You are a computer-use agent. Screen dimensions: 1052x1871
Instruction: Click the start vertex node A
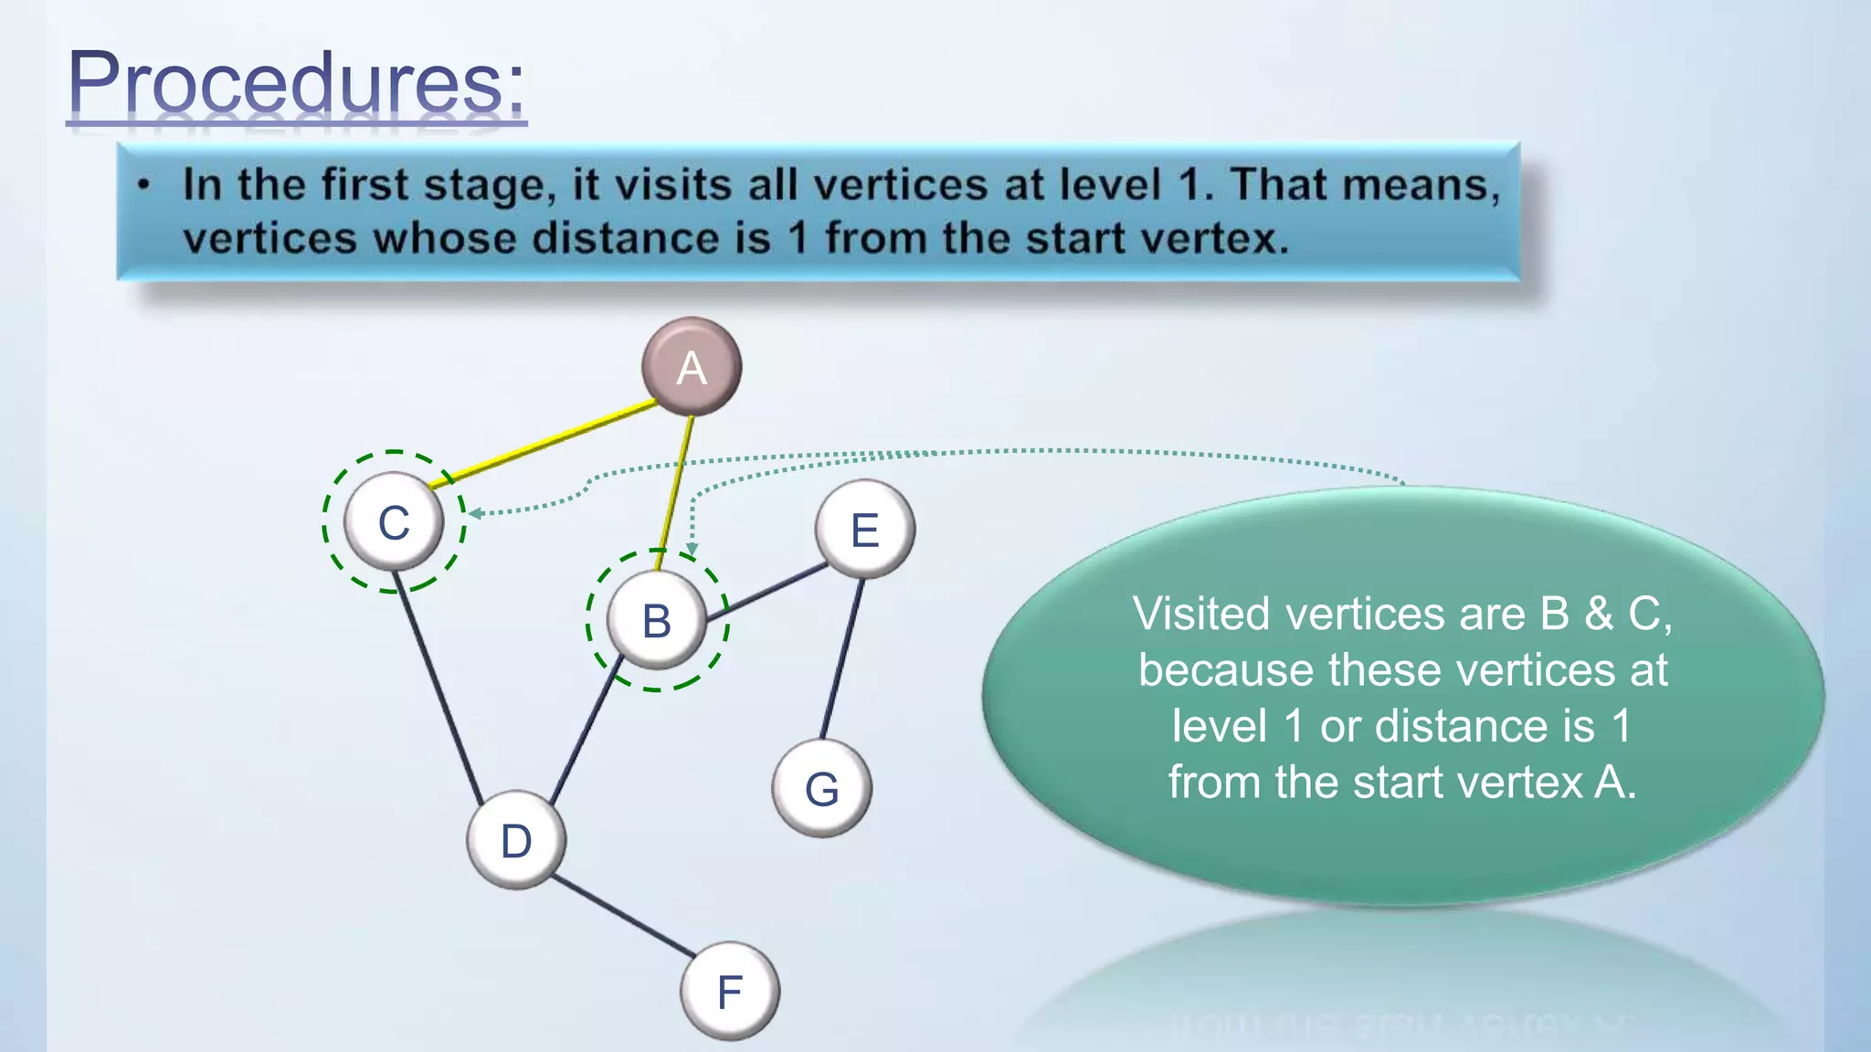tap(692, 367)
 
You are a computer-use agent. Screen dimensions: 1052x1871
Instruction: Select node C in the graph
tap(394, 522)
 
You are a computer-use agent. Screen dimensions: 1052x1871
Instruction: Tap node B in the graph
tap(656, 621)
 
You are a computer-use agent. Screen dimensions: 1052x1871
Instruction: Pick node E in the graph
tap(864, 530)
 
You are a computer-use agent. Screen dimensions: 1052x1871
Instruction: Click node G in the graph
tap(821, 788)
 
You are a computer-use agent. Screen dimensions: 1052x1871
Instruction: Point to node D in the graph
tap(516, 840)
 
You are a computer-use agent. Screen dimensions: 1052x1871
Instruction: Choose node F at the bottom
tap(729, 992)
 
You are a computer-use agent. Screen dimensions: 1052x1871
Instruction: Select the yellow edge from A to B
tap(675, 493)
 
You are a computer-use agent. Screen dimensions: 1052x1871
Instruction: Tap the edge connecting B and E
tap(766, 593)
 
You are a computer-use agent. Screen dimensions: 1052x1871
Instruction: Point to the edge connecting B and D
tap(585, 731)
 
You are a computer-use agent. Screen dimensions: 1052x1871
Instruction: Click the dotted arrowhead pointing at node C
tap(474, 513)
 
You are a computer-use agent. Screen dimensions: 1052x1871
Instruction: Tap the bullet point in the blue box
tap(143, 185)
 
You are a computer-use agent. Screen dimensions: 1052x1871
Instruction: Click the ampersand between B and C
tap(1599, 614)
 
